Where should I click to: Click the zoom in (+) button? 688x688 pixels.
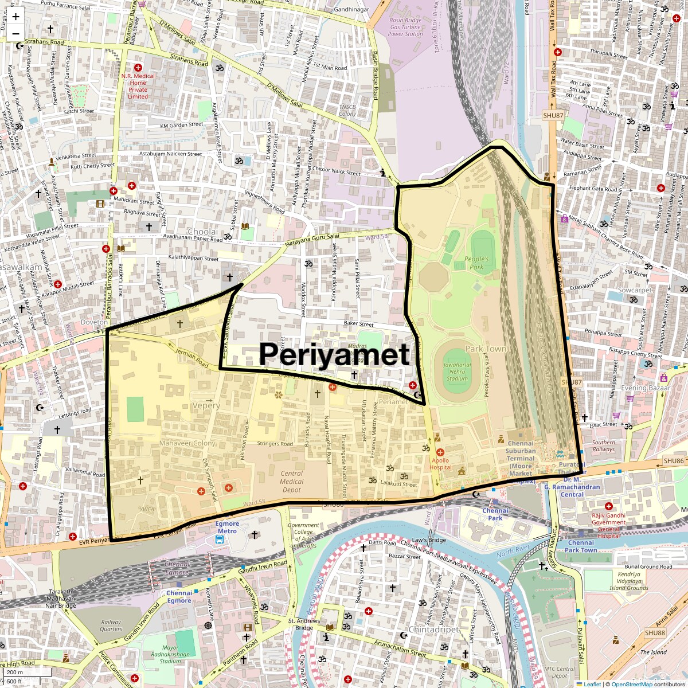click(15, 17)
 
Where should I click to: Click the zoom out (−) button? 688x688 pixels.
click(15, 33)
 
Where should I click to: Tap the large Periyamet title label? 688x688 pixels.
click(335, 354)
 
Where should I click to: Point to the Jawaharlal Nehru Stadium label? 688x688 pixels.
click(457, 371)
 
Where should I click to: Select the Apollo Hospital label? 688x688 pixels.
click(440, 463)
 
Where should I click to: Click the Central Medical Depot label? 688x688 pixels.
click(291, 482)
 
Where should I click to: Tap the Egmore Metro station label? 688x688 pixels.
click(227, 527)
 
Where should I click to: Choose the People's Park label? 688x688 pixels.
click(476, 263)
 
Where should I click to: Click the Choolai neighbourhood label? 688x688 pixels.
click(202, 232)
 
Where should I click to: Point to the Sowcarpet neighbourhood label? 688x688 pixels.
click(635, 290)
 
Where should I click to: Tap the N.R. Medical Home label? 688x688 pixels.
click(138, 86)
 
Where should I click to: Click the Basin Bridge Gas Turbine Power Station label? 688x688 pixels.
click(405, 27)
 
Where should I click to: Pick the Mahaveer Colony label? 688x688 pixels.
click(187, 443)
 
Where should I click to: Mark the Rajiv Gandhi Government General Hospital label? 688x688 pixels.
click(608, 522)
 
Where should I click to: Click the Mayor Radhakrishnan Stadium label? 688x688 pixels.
click(170, 654)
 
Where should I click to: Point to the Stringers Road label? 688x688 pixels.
click(275, 444)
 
